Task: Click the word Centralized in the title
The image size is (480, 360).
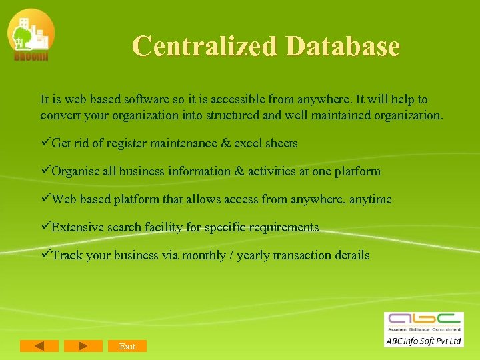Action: point(205,46)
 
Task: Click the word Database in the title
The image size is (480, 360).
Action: point(343,46)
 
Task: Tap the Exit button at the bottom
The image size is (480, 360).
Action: point(127,346)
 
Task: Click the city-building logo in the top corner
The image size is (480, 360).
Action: point(31,35)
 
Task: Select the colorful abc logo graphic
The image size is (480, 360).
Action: point(423,320)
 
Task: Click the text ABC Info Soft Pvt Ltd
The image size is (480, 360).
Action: point(423,341)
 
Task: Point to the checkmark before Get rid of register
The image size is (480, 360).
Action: point(45,143)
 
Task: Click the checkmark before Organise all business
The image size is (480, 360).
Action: point(45,171)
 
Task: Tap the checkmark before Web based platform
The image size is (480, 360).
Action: point(45,199)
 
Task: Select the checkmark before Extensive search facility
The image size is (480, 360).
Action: point(45,227)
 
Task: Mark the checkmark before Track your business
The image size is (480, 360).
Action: point(45,255)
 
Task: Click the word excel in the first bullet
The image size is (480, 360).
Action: point(249,143)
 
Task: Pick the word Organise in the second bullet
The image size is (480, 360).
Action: point(76,171)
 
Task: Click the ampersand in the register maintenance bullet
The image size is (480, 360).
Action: point(224,143)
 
